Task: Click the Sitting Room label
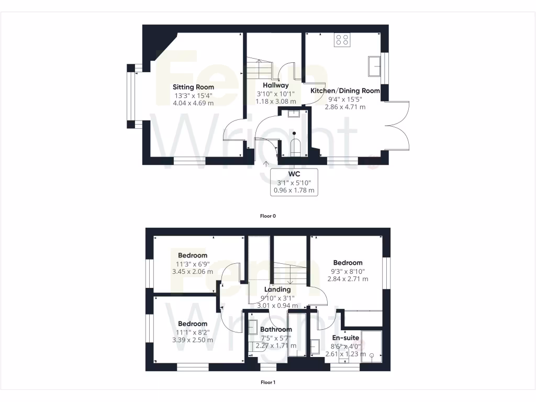point(194,87)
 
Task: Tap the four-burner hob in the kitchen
point(342,40)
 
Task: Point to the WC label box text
point(294,174)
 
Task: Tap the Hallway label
point(276,85)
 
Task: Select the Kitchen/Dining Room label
point(345,91)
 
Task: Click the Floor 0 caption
point(267,216)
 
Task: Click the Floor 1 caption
point(267,382)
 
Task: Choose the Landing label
point(277,289)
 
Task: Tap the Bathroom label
point(276,329)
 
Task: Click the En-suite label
point(345,338)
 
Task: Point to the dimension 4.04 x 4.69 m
point(194,104)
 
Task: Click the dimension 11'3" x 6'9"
point(193,264)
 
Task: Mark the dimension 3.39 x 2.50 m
point(193,340)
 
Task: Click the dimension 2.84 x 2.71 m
point(348,279)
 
